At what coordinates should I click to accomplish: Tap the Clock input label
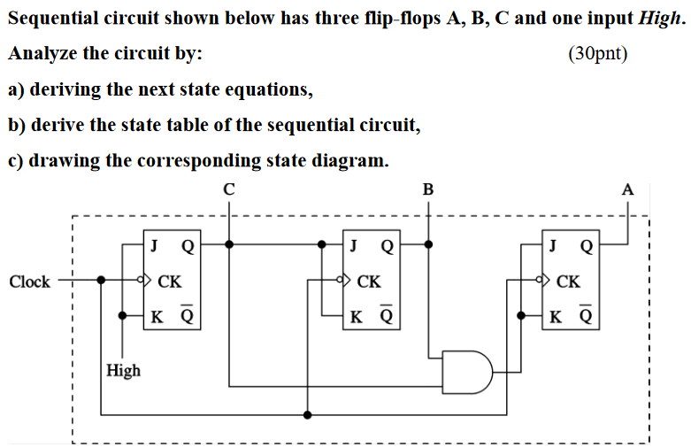[29, 282]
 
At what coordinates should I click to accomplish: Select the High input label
[123, 370]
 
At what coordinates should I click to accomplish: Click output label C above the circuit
[229, 189]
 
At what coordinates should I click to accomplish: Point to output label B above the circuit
[428, 189]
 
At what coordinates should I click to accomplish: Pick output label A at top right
[628, 189]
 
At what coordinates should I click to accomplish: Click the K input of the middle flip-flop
[356, 316]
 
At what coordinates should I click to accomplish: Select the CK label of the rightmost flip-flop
[568, 281]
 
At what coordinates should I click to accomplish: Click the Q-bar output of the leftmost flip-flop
[188, 315]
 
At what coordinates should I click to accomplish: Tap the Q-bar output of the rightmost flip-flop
[587, 315]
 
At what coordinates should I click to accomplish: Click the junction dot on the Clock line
[102, 281]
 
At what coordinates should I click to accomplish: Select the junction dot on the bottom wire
[307, 413]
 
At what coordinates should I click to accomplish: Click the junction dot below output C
[229, 244]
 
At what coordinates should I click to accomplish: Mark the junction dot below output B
[428, 244]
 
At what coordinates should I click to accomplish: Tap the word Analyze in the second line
[43, 54]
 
